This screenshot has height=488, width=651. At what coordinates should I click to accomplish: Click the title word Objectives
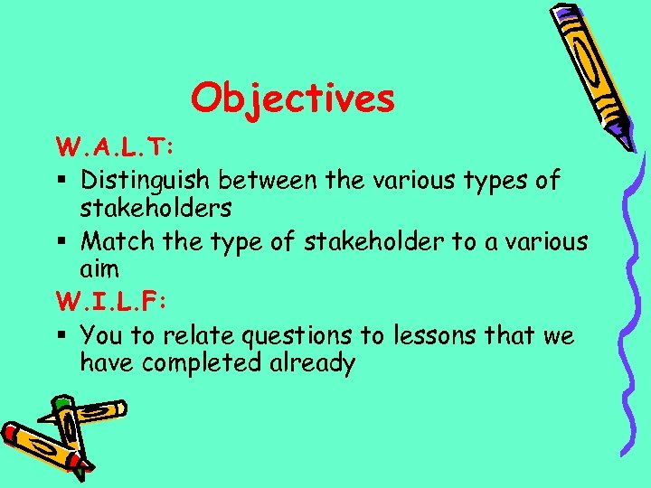click(293, 98)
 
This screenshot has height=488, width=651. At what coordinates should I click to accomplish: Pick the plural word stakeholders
click(156, 209)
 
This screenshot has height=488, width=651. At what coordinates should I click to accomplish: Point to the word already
click(317, 364)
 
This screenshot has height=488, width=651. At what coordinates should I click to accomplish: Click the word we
click(558, 335)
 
